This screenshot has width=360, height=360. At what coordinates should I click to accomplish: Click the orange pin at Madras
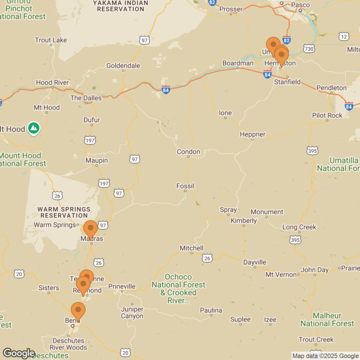tap(90, 229)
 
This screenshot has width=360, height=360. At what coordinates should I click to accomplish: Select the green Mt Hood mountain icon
tap(33, 128)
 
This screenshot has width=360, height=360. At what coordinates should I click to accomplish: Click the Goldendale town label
tap(123, 66)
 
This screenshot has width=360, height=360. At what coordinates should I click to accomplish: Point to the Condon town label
tap(188, 152)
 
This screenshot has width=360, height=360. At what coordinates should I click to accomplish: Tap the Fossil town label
tap(185, 186)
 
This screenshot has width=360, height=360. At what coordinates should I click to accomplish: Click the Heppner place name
tap(252, 134)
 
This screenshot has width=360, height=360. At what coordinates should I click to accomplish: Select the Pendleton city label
tap(331, 88)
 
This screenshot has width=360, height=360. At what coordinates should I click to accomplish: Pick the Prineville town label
tap(121, 286)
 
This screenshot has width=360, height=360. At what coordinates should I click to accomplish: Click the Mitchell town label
tap(191, 248)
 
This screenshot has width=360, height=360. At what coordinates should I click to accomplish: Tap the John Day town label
tap(314, 270)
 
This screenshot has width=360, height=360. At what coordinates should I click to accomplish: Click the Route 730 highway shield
tap(309, 48)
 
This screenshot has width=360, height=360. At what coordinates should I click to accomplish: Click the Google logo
tap(18, 353)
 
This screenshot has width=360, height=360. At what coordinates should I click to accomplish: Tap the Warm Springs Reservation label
tap(64, 212)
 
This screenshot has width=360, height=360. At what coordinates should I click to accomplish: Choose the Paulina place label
tap(210, 310)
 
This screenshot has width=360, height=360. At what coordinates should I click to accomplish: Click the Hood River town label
tap(52, 83)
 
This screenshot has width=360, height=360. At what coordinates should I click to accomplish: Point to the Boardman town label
tap(238, 63)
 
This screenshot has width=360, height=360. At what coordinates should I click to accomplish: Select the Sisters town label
tap(49, 288)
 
